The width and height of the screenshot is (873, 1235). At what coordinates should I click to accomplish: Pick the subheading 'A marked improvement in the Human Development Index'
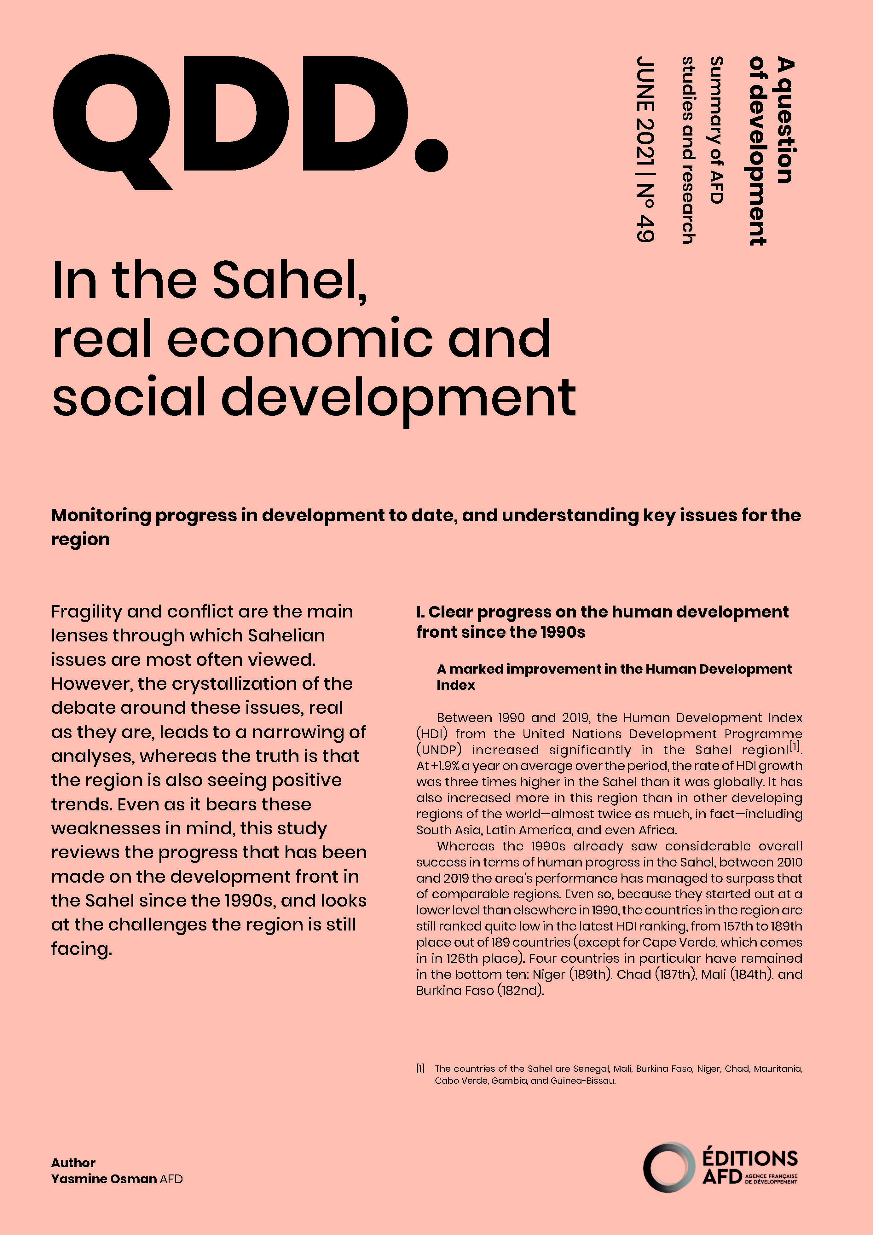point(614,677)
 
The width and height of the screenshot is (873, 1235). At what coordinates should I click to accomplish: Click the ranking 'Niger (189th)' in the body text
point(572,974)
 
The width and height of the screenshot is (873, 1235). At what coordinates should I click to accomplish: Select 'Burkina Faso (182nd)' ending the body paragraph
point(480,990)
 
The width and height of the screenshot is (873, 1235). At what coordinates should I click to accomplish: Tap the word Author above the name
point(73,1163)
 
